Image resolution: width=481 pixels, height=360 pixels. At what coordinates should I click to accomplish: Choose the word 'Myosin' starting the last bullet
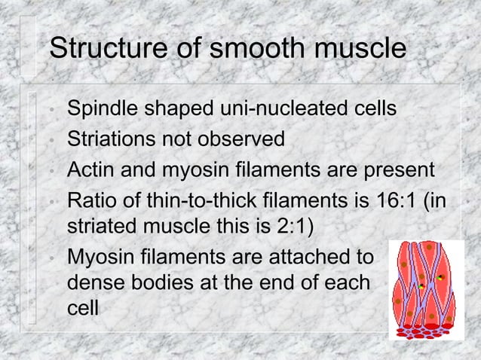[99, 258]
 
